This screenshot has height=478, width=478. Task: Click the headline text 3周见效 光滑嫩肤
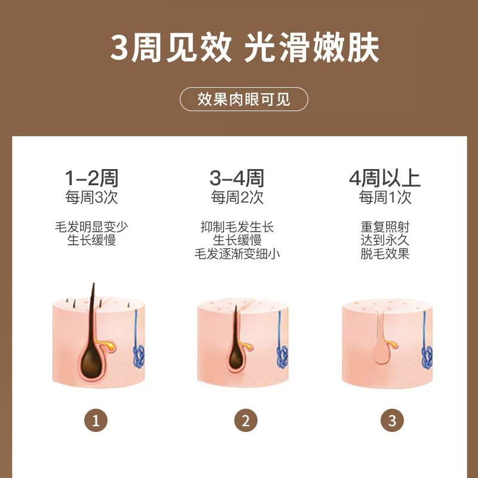coord(244,48)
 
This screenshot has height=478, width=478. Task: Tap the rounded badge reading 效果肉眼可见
coord(244,99)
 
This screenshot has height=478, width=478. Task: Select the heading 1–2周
coord(91,178)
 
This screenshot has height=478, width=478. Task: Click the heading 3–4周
coord(237,178)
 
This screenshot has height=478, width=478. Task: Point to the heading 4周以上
coord(385,178)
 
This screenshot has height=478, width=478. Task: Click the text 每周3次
coord(91,197)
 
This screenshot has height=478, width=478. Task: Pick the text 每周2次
coord(237,197)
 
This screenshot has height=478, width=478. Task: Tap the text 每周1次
coord(385,197)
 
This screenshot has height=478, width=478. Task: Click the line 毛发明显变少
coord(91,227)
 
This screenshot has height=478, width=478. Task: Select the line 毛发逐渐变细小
coord(237,253)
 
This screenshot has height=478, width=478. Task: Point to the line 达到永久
coord(385,240)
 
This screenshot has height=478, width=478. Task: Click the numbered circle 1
coord(96,421)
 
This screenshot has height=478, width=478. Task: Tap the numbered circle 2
coord(246,421)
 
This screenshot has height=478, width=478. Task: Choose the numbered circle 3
coord(393,421)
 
